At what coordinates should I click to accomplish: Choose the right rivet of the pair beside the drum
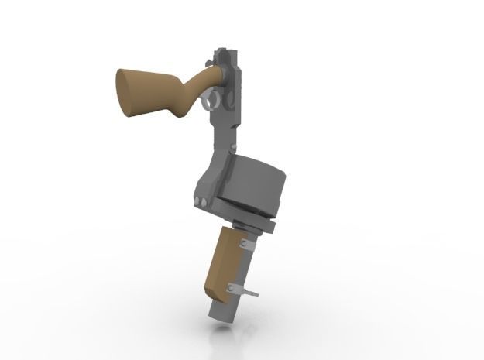point(205,203)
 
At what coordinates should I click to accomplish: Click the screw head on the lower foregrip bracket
point(230,289)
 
